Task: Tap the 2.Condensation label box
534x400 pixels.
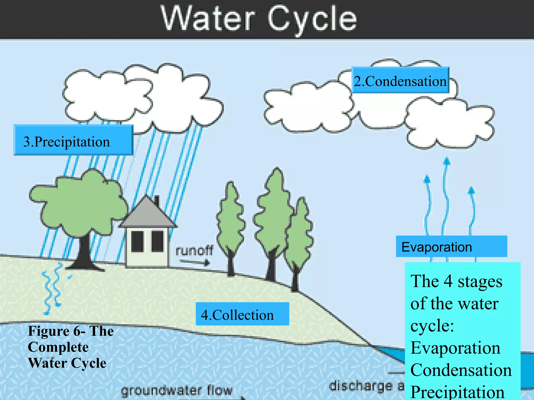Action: click(400, 80)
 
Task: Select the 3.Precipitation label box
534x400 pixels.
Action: click(73, 140)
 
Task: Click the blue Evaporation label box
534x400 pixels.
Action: click(451, 246)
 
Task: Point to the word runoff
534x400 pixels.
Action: click(194, 251)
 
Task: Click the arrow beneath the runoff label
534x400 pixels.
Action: click(195, 262)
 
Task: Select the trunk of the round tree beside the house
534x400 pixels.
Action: click(84, 253)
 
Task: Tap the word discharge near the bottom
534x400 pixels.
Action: click(361, 386)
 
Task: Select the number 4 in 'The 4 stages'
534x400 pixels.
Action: click(448, 281)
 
